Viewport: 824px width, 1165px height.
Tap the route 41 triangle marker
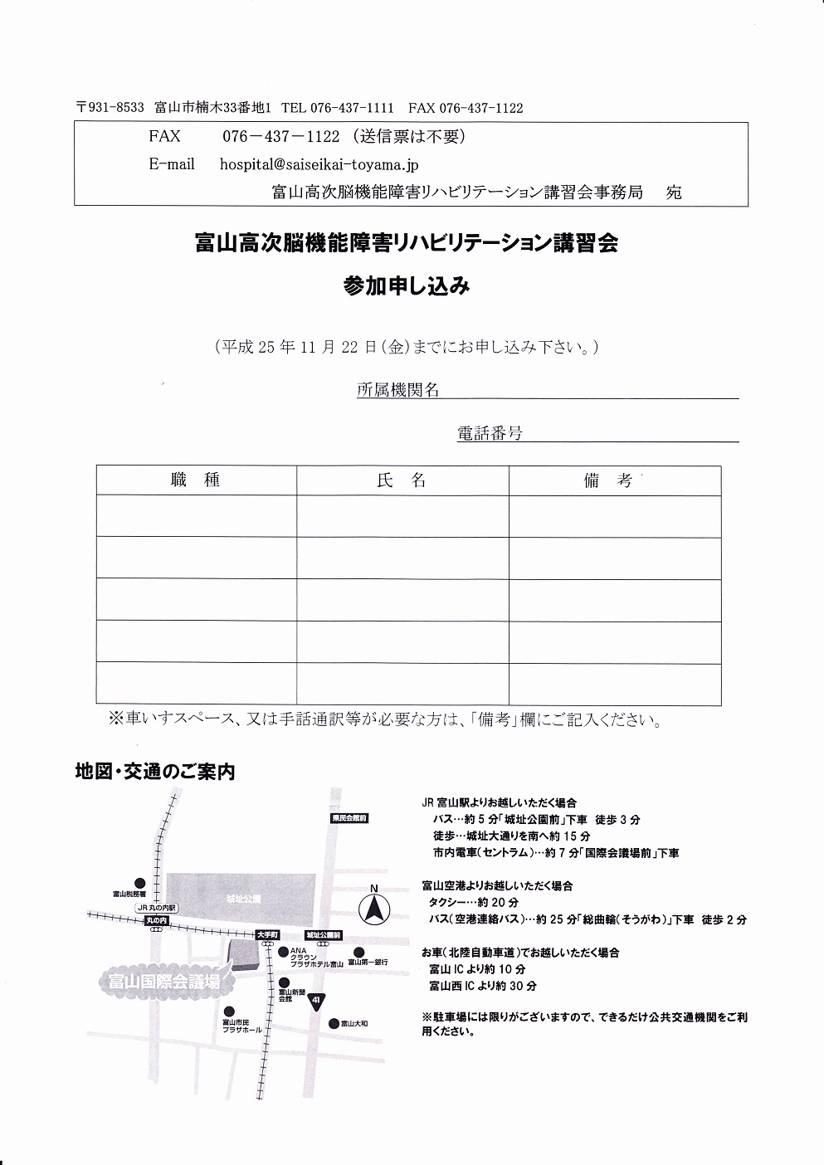pos(316,1001)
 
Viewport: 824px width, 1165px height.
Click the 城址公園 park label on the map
pos(242,899)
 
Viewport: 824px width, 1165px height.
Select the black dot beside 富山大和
pos(333,1022)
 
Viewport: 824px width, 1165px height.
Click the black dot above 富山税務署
pos(139,883)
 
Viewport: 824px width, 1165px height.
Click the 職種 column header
pos(196,480)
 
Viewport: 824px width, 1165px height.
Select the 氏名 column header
pos(402,480)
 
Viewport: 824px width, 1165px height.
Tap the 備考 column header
pos(608,480)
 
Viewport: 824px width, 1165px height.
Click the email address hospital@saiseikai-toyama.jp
pos(319,164)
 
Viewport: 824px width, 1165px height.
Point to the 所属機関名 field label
pos(397,390)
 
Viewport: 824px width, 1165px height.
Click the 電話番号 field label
pos(490,433)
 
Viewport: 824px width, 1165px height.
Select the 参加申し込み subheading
pos(407,286)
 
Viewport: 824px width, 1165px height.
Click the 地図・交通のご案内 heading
pos(155,772)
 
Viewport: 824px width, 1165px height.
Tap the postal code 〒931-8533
pos(110,108)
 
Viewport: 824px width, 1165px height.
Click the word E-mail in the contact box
pos(172,164)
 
